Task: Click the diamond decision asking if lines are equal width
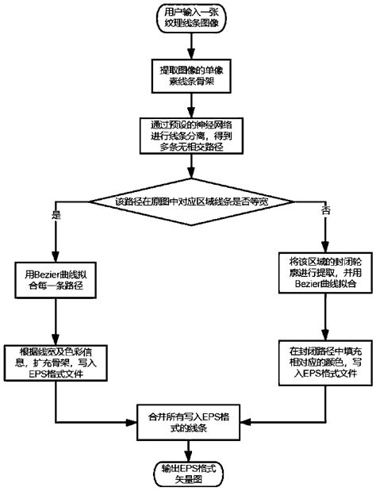click(189, 202)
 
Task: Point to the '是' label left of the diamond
click(56, 215)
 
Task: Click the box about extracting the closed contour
click(320, 274)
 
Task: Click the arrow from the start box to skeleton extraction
click(189, 50)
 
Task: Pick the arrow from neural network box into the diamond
click(189, 172)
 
